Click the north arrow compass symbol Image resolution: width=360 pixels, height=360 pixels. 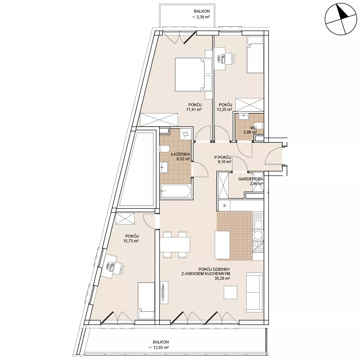coord(341,19)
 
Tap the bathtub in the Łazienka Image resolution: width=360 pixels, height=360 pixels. coord(176,191)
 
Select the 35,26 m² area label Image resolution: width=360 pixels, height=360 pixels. coord(222,279)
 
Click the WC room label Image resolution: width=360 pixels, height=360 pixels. coord(253,128)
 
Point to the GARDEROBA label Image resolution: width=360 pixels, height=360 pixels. coord(251,179)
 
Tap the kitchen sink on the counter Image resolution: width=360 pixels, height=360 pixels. coord(258,220)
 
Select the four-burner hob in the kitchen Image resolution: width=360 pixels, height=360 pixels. coord(258,247)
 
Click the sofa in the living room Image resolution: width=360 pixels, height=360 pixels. coord(254,292)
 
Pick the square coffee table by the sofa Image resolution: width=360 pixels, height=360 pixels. coord(230,292)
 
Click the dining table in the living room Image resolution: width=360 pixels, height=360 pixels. coord(175,244)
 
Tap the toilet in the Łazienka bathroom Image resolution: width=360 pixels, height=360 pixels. coord(165,149)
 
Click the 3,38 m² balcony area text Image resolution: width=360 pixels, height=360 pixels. coord(201,17)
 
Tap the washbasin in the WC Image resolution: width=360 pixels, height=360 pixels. coord(243,117)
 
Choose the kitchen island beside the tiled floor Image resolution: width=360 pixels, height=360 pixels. coord(222,245)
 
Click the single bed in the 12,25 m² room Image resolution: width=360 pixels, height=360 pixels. coord(255,55)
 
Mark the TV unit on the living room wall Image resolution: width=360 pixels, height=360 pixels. coord(165,292)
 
